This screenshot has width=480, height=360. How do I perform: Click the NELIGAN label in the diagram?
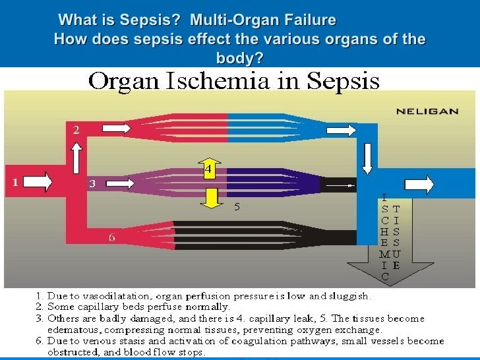pyautogui.click(x=427, y=111)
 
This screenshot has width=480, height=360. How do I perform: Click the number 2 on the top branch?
pyautogui.click(x=76, y=131)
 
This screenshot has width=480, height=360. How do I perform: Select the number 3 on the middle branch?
pyautogui.click(x=93, y=185)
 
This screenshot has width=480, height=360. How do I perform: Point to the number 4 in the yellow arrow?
pyautogui.click(x=207, y=170)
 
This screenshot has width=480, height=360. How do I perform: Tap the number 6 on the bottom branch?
pyautogui.click(x=112, y=237)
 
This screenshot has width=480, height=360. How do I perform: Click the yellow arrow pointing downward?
pyautogui.click(x=210, y=197)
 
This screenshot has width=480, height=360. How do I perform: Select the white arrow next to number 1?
pyautogui.click(x=40, y=181)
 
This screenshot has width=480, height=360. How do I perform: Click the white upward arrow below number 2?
pyautogui.click(x=76, y=158)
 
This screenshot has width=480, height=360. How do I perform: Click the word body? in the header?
pyautogui.click(x=239, y=58)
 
